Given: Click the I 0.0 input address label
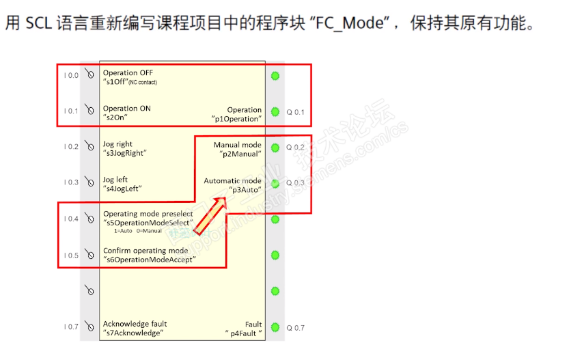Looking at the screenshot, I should tap(70, 75).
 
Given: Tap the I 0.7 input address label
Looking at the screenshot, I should tap(70, 327).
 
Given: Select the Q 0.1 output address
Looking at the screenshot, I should tap(295, 112).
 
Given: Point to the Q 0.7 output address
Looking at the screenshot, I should tap(295, 328).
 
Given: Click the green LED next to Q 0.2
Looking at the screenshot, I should tap(275, 148).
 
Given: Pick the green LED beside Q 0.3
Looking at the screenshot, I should tap(275, 183).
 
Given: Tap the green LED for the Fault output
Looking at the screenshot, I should tap(275, 328).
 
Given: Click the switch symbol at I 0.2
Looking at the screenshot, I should tap(89, 146).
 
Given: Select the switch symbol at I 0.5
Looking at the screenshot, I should tap(89, 255).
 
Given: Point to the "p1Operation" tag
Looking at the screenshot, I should tap(236, 119).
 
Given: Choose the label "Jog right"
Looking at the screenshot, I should tap(118, 144).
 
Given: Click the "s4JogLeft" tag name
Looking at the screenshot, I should tap(122, 189).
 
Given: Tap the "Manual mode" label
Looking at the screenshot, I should tap(237, 145).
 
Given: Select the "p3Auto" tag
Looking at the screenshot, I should tap(245, 190).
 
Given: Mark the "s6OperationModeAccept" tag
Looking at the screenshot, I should tap(150, 260).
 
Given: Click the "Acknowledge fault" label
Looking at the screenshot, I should tap(135, 324).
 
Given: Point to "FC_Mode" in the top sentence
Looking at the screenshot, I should tap(348, 23).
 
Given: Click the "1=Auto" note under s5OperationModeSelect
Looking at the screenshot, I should tap(123, 232).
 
